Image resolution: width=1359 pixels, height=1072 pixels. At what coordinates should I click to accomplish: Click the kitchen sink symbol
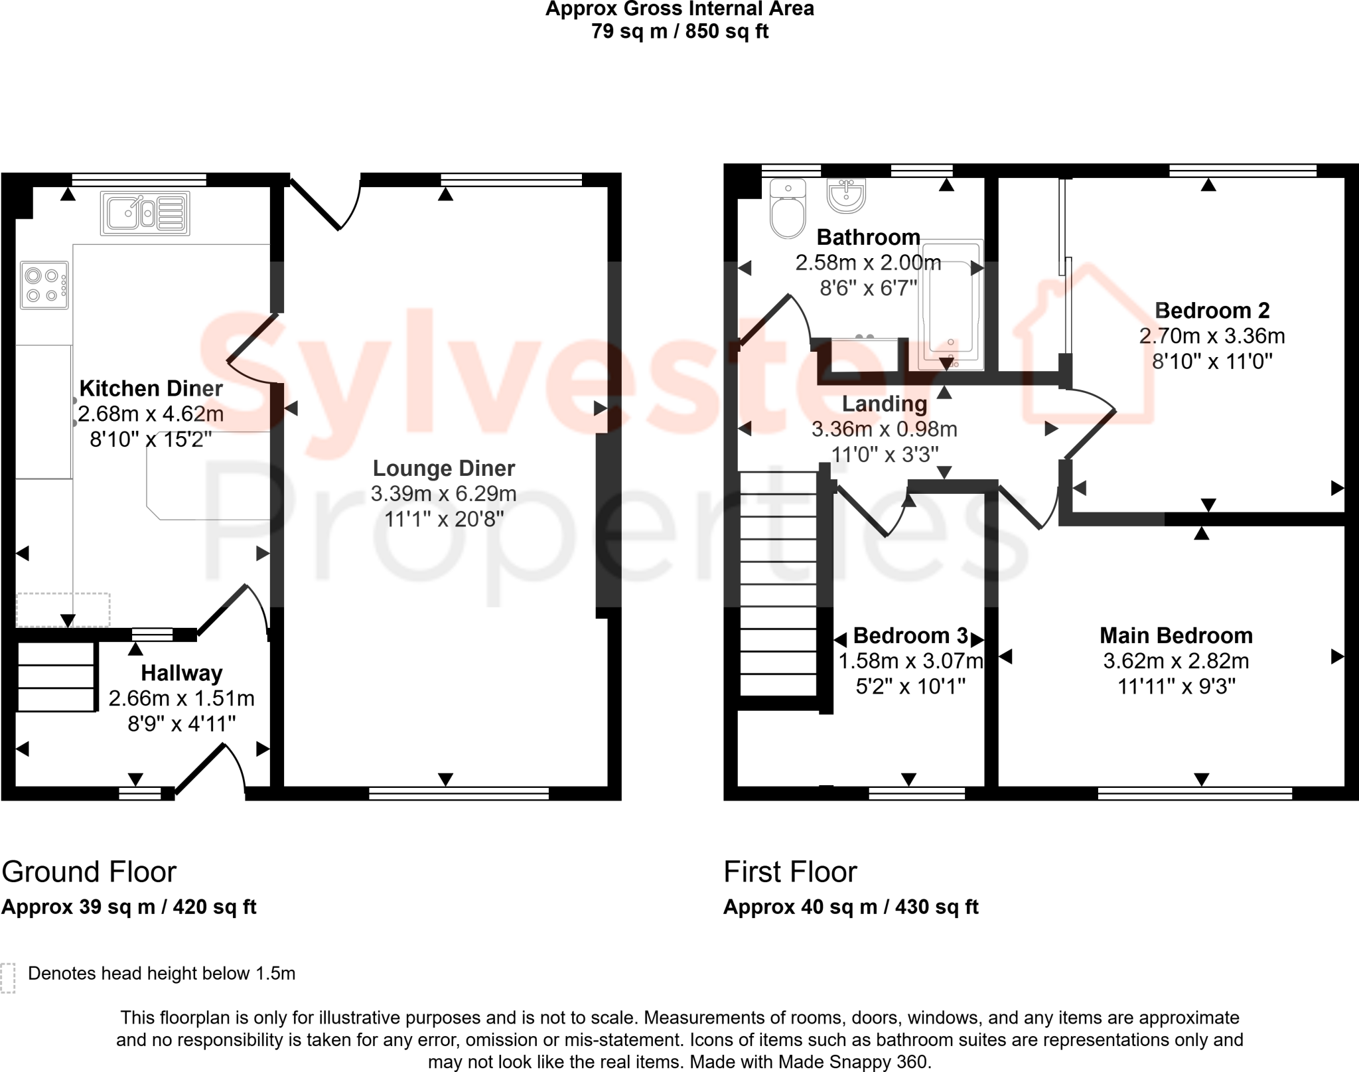145,213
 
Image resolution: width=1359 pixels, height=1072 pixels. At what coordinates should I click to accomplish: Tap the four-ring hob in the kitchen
44,285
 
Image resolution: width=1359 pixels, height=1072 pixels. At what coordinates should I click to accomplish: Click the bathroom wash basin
846,196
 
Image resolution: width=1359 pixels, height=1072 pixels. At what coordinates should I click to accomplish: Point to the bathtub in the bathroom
950,305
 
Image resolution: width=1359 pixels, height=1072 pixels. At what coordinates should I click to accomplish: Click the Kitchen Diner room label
151,388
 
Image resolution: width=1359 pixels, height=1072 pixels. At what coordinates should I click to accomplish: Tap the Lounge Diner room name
443,469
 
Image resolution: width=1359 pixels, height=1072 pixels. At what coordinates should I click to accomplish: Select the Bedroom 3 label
910,636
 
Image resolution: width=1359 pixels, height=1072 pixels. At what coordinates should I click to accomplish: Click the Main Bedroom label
1176,636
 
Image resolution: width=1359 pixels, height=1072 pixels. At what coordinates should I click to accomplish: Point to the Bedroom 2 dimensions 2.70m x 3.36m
1212,336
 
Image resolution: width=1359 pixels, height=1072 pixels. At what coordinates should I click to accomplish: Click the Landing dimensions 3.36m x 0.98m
884,429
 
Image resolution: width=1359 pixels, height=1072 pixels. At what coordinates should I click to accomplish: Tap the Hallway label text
181,673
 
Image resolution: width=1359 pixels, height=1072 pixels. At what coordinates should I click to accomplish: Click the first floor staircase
778,584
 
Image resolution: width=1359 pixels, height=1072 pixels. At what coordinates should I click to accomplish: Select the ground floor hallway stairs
56,677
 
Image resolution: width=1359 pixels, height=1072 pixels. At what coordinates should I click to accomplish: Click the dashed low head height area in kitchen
63,609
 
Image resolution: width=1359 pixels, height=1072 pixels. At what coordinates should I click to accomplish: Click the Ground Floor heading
89,872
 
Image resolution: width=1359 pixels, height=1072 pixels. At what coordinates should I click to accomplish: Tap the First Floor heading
790,872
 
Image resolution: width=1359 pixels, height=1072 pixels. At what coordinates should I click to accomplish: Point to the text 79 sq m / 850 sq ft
679,31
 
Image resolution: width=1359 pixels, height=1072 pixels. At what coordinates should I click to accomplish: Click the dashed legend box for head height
8,978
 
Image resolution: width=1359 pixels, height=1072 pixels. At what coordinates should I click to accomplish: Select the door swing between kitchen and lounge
252,350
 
